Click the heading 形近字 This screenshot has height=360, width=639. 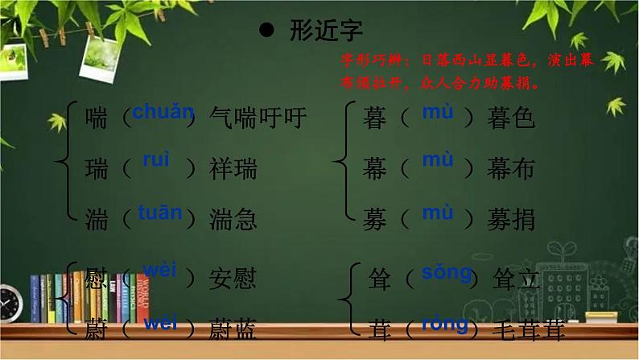(326, 31)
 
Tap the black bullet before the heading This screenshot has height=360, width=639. (267, 31)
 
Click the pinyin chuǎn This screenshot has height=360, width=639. (163, 112)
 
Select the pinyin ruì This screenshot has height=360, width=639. (156, 160)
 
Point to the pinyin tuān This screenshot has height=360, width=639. (159, 213)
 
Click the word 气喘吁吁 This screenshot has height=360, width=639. (258, 118)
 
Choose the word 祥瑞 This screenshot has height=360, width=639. (233, 168)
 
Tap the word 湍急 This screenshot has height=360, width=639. (233, 219)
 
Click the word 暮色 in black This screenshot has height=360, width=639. (511, 118)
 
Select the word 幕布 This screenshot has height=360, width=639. (511, 168)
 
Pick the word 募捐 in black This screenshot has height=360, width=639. (511, 219)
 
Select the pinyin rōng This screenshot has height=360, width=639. (443, 324)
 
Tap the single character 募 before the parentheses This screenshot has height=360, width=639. (375, 219)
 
